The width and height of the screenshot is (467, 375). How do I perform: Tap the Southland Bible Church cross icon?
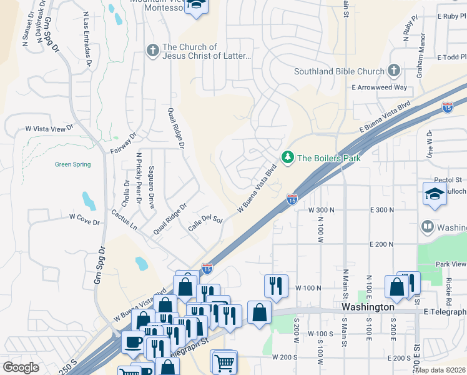[393, 71]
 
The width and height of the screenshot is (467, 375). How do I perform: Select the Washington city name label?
[368, 307]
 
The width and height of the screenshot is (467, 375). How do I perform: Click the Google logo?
[21, 367]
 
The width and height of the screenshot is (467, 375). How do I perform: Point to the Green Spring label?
[72, 164]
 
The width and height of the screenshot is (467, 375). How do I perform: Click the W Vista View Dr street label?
[49, 128]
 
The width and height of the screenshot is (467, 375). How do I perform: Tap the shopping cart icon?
[224, 361]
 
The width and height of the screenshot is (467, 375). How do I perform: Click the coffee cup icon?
[133, 342]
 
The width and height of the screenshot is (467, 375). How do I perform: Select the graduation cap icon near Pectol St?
[435, 194]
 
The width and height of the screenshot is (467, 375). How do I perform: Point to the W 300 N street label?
[322, 210]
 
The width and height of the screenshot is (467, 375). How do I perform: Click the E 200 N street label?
[382, 244]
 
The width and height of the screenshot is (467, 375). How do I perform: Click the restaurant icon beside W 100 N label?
[276, 285]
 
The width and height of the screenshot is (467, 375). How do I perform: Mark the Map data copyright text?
[440, 369]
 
